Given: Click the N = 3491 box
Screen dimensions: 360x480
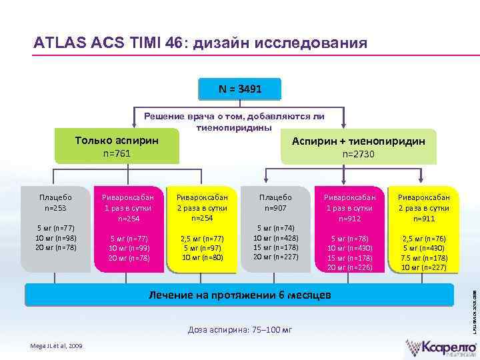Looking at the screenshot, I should click(240, 88).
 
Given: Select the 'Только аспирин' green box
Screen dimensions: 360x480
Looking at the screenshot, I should click(117, 147).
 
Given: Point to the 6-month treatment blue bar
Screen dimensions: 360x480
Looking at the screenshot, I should click(240, 294).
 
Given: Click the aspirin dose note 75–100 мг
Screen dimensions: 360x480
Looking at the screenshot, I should click(240, 330).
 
